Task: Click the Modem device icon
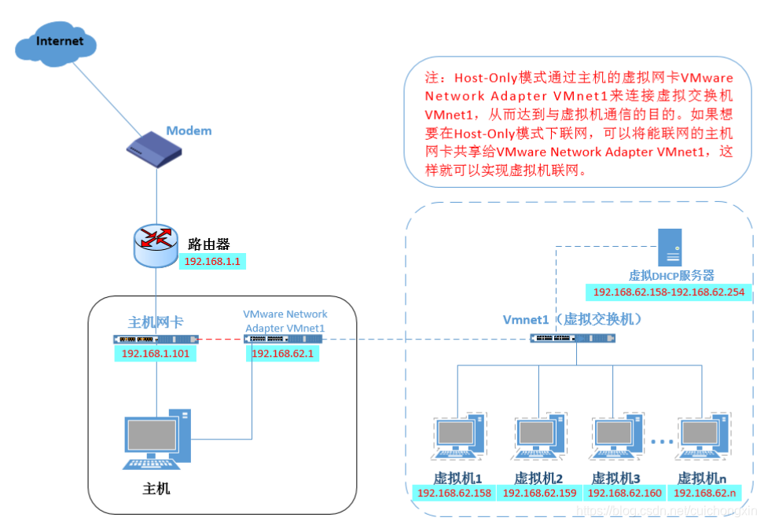pos(157,149)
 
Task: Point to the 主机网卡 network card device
pos(155,340)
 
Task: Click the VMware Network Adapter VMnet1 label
pos(285,321)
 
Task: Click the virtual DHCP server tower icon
pos(670,247)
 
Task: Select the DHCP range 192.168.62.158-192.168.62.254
pos(669,292)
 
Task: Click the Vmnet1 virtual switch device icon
pos(572,338)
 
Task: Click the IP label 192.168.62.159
pos(539,493)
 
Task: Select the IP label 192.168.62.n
pos(705,493)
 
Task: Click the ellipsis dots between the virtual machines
pos(662,442)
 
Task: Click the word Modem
pos(189,130)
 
